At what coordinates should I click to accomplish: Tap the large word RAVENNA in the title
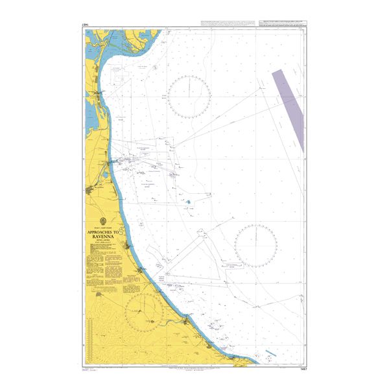click(104, 237)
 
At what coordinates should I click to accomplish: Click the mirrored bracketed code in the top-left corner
click(86, 25)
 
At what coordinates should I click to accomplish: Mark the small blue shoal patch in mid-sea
click(188, 202)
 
